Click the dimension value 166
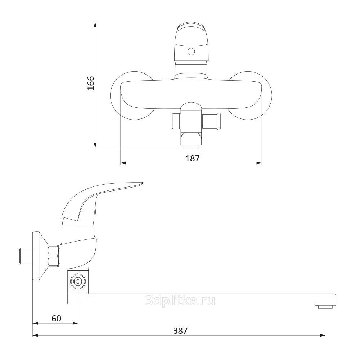tap(91, 83)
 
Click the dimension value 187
tap(192, 158)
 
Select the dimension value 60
tap(57, 319)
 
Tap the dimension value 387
tap(180, 330)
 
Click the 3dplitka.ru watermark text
tap(180, 300)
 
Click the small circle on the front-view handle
tap(191, 51)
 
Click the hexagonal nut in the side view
tap(54, 256)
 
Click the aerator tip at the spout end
tap(326, 307)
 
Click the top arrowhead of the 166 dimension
tap(95, 25)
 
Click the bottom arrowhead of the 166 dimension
tap(95, 145)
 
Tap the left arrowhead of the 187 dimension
tap(123, 163)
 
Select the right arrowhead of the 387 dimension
tap(322, 336)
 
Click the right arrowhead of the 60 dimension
tap(75, 323)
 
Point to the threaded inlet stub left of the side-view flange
tap(26, 256)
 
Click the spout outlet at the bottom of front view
tap(191, 145)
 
